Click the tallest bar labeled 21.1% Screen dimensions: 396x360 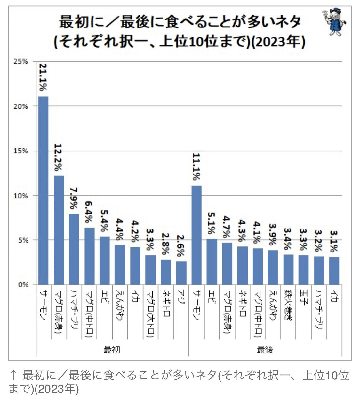pyautogui.click(x=43, y=190)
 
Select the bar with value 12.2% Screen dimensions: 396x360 pyautogui.click(x=59, y=230)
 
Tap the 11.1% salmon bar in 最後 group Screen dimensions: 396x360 pyautogui.click(x=196, y=235)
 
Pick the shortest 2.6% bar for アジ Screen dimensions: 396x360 pyautogui.click(x=181, y=273)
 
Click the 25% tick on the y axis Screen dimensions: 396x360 pyautogui.click(x=21, y=62)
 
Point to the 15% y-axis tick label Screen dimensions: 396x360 pyautogui.click(x=21, y=151)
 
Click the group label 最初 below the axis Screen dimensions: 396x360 pyautogui.click(x=112, y=349)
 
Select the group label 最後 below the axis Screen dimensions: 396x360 pyautogui.click(x=265, y=349)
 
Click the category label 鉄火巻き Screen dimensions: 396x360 pyautogui.click(x=288, y=306)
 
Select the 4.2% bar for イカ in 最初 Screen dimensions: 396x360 pyautogui.click(x=135, y=266)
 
